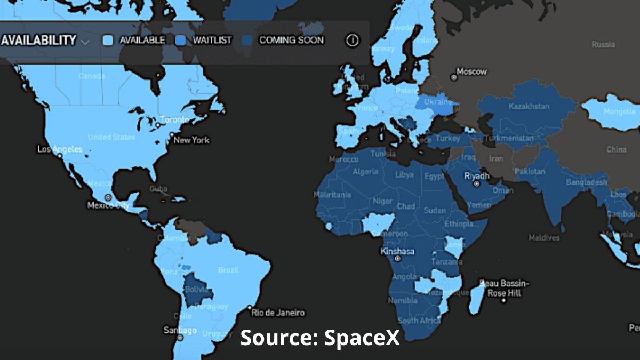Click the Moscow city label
(x=472, y=72)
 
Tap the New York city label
(x=191, y=140)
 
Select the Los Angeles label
(x=60, y=149)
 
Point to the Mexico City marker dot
(x=108, y=197)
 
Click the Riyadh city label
(x=477, y=177)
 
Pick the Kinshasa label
(x=397, y=251)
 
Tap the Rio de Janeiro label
(x=278, y=313)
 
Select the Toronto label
(x=174, y=119)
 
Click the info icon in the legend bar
(x=352, y=40)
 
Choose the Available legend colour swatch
(x=108, y=40)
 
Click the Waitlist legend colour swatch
(x=181, y=40)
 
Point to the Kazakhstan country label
(x=529, y=107)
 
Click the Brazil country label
(x=228, y=270)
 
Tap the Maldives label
(x=544, y=237)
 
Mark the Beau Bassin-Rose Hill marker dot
(x=503, y=300)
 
